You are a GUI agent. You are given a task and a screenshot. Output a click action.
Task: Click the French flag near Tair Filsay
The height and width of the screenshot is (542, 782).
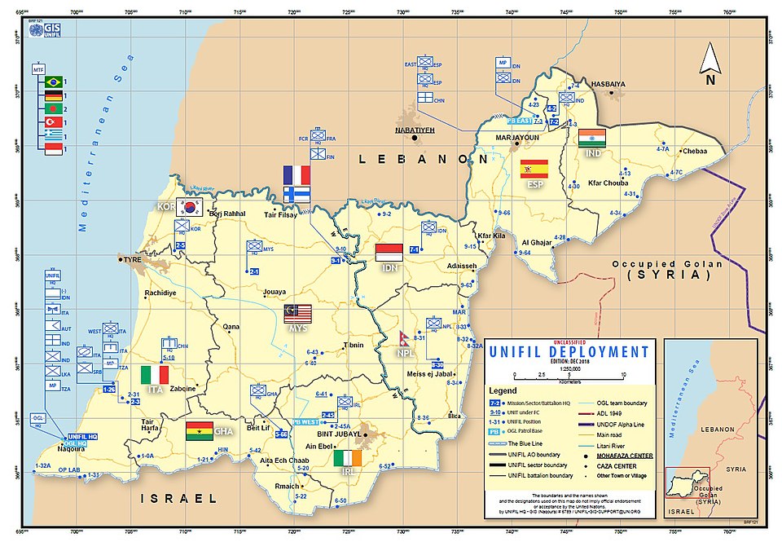[x=297, y=174]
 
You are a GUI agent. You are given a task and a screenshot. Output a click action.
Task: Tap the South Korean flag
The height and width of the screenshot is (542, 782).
[x=191, y=206]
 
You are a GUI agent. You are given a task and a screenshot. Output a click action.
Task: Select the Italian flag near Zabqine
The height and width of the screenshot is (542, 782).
[x=155, y=375]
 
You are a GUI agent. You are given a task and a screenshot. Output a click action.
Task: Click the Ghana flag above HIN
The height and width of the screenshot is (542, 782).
[x=200, y=430]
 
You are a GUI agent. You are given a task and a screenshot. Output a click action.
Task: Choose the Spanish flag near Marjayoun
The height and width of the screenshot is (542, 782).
[x=534, y=169]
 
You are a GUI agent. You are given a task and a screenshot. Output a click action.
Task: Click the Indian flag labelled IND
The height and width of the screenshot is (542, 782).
[x=592, y=137]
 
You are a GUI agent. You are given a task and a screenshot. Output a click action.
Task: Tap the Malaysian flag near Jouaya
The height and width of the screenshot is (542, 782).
[x=298, y=313]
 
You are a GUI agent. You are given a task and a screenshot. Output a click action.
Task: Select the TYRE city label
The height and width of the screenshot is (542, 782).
[x=131, y=260]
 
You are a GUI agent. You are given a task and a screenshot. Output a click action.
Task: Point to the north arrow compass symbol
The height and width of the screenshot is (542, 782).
[x=710, y=64]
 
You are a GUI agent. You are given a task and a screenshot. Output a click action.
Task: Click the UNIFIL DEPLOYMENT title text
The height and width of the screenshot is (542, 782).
[x=569, y=352]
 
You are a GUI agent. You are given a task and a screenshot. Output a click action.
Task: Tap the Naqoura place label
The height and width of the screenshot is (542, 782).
[x=71, y=448]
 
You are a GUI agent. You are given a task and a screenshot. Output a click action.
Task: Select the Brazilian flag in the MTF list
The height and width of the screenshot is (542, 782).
[x=55, y=82]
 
